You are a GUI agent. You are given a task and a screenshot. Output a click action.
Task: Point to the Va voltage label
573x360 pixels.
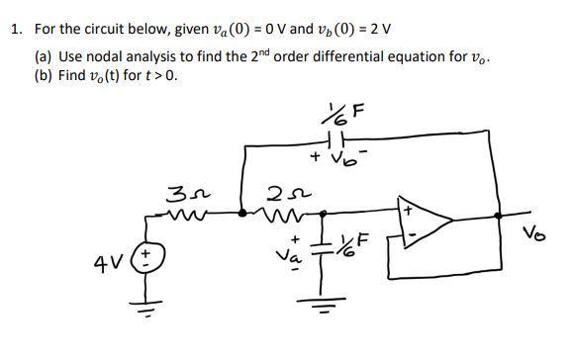click(292, 253)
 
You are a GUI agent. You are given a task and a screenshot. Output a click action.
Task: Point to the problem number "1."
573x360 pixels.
click(14, 29)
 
